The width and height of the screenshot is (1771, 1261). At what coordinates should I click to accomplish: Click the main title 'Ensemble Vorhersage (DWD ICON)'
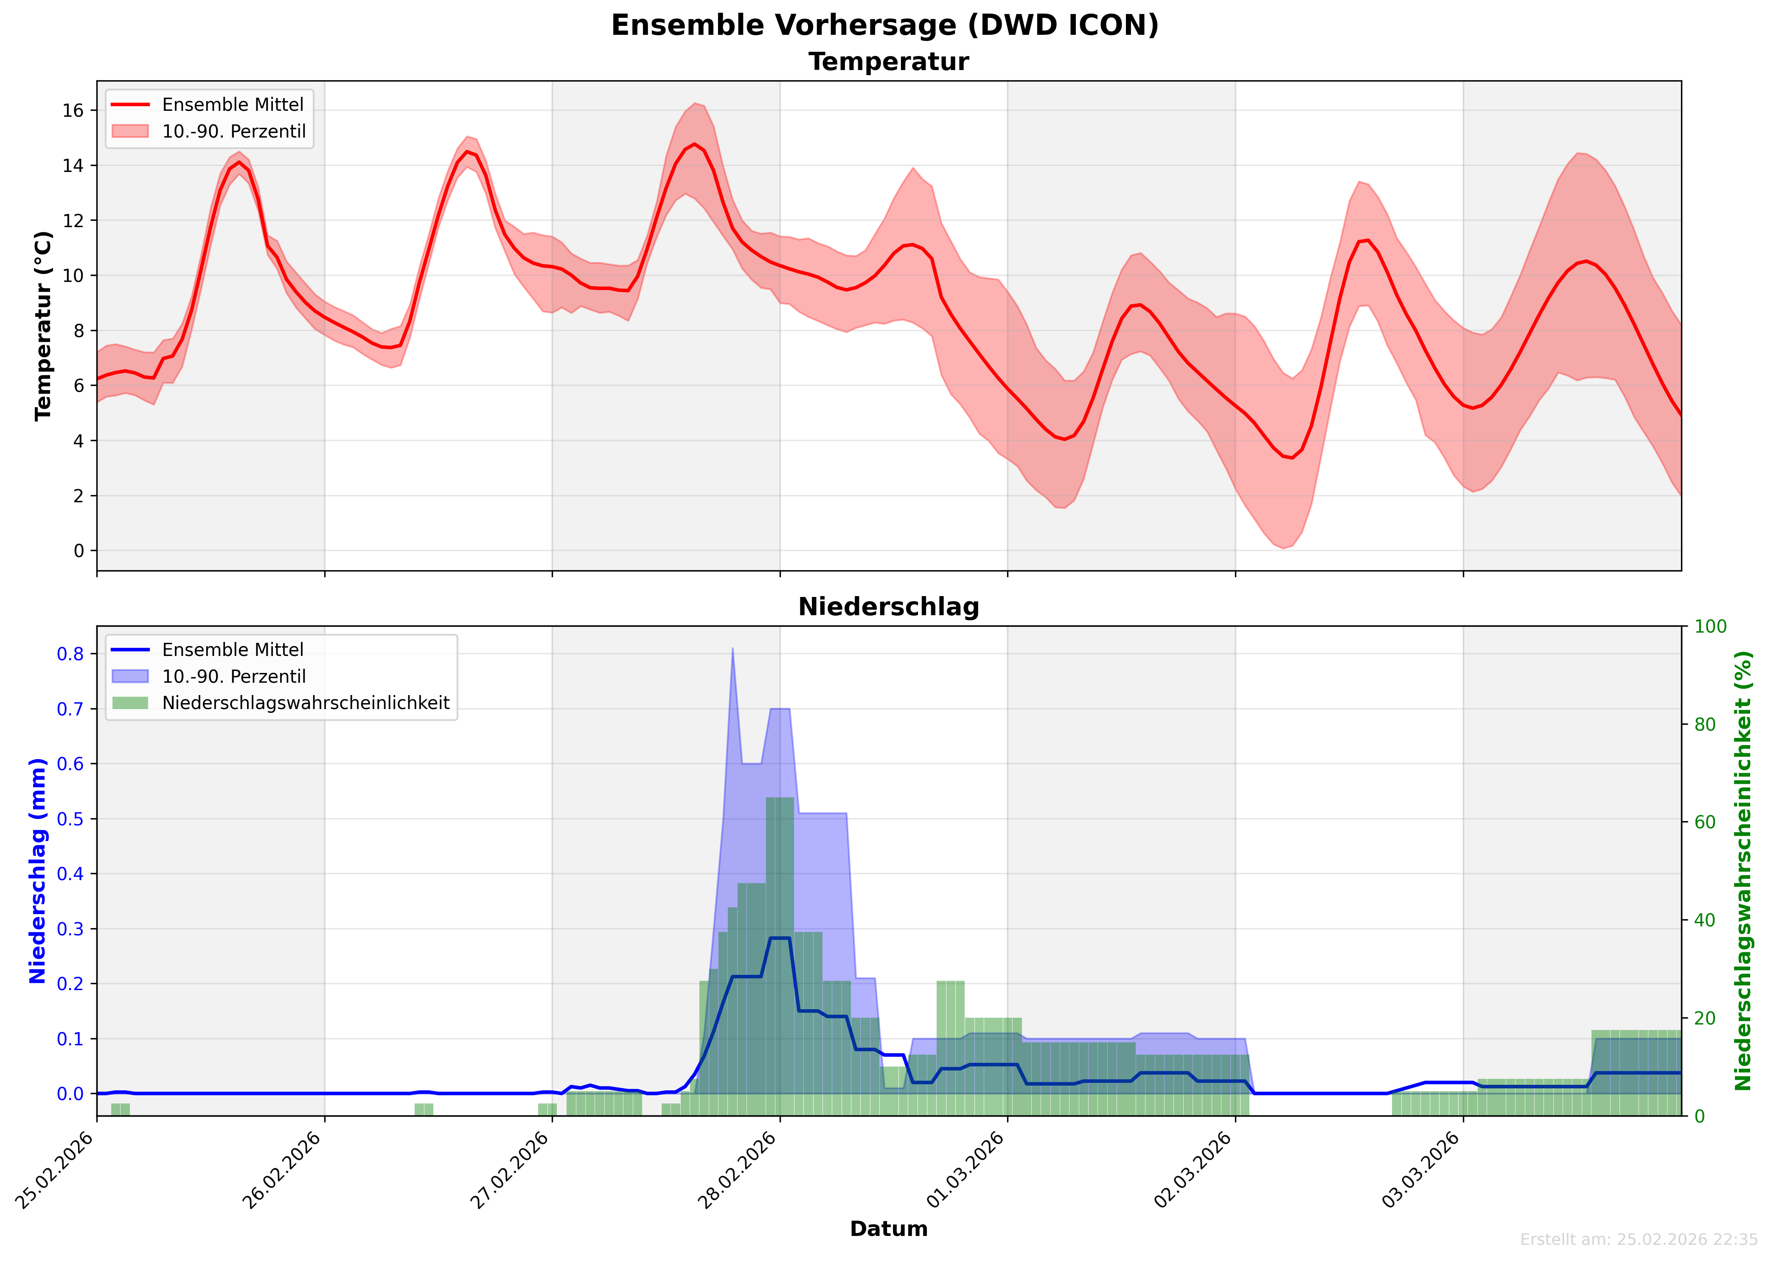(885, 25)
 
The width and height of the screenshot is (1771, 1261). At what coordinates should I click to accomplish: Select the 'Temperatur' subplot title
(889, 62)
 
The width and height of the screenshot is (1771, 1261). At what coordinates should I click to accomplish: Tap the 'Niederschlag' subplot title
(889, 607)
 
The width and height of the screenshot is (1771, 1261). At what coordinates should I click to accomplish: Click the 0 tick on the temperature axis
(79, 551)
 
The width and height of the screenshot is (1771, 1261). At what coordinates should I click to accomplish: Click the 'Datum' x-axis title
(889, 1229)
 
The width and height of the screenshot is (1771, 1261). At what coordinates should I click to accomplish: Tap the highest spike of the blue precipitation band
(733, 649)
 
